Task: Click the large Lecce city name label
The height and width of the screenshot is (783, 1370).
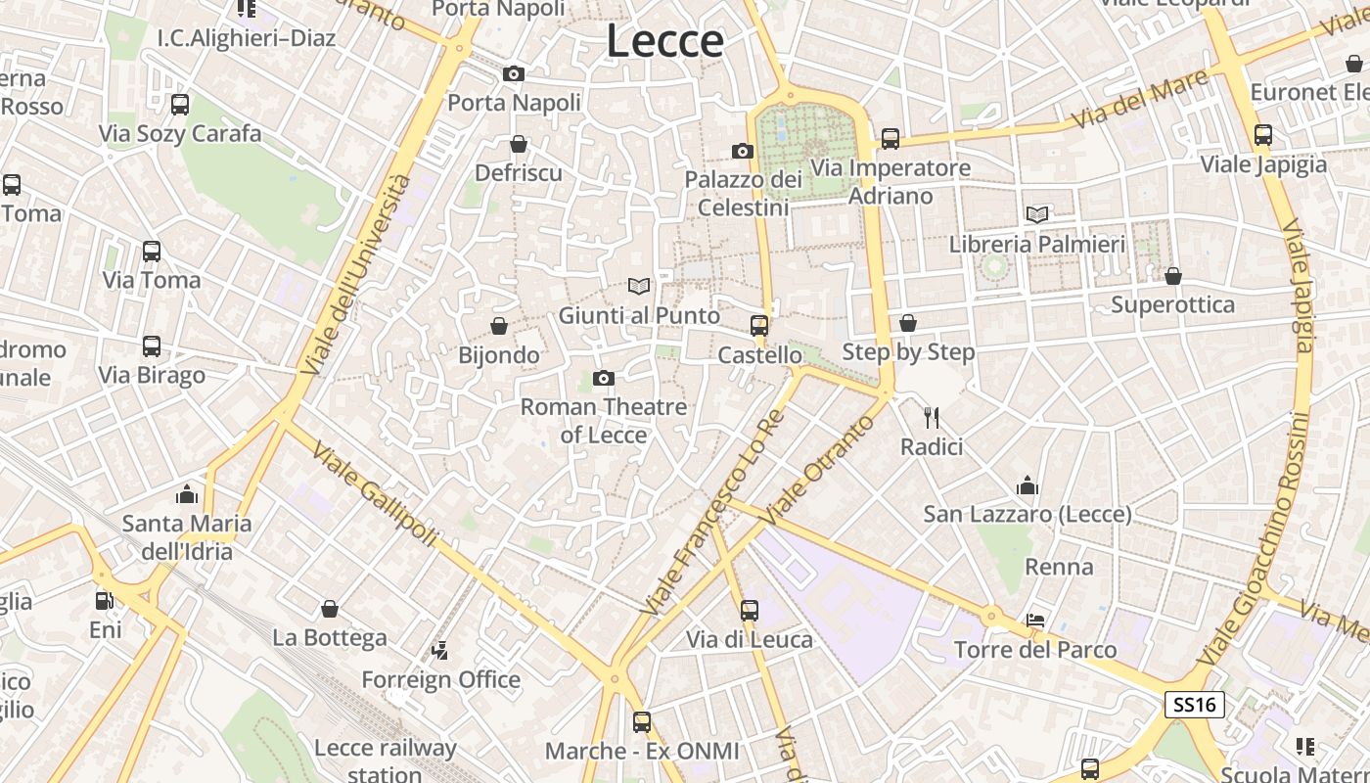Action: [x=665, y=41]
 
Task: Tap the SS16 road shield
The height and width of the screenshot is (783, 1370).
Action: [x=1195, y=704]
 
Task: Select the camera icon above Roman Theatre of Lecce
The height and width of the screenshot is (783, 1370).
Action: [x=604, y=378]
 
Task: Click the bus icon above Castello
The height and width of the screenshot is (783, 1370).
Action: [x=759, y=326]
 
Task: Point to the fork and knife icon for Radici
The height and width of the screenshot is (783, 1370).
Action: [x=932, y=418]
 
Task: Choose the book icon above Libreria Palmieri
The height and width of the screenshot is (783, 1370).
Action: [x=1037, y=214]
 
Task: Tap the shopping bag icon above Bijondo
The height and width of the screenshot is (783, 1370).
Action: [x=499, y=326]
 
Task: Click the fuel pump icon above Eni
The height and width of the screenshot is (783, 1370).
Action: [x=105, y=600]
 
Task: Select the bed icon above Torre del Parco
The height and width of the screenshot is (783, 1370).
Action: [x=1035, y=621]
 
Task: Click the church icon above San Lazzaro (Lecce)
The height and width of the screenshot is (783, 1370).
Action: [x=1027, y=484]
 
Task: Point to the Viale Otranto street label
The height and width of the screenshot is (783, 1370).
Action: [x=819, y=469]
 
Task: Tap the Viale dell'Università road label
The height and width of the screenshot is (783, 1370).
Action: [x=357, y=275]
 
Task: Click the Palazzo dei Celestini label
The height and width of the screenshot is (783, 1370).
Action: [x=743, y=193]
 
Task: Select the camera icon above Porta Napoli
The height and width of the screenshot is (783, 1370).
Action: [x=514, y=73]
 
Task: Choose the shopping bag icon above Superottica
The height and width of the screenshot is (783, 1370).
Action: [x=1173, y=276]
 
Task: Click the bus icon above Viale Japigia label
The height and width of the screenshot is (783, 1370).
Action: [x=1263, y=135]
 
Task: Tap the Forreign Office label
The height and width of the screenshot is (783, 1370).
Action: [x=440, y=679]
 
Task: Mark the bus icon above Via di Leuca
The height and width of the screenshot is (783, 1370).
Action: [x=750, y=611]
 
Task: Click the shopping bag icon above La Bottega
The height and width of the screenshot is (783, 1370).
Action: [x=330, y=609]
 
